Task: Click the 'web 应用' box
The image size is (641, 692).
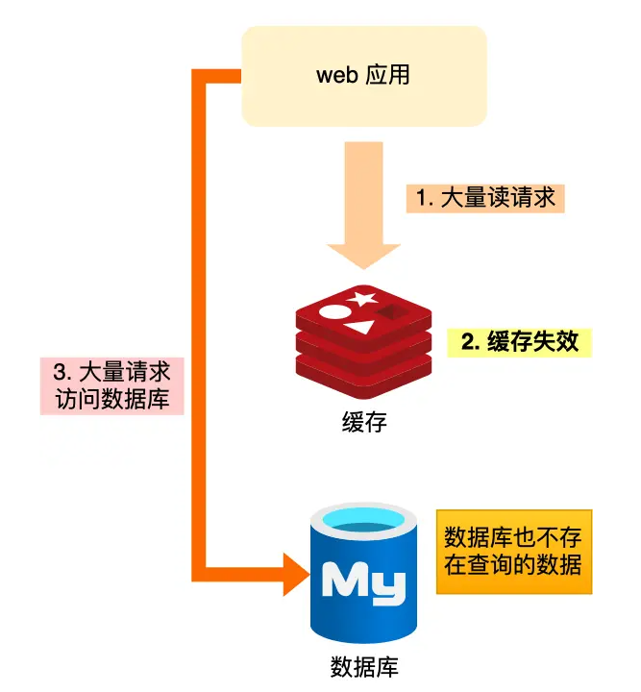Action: click(x=363, y=76)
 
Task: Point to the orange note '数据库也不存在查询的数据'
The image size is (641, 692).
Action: click(x=513, y=551)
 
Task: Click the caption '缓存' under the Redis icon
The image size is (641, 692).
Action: click(x=363, y=422)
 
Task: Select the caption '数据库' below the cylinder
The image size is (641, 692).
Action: click(x=363, y=666)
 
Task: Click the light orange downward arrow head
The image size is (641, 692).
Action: click(x=363, y=254)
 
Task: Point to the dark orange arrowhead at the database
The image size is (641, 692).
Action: click(x=296, y=578)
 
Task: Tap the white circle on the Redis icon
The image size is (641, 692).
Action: click(x=331, y=311)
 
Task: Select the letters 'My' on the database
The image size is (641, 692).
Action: click(x=363, y=582)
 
